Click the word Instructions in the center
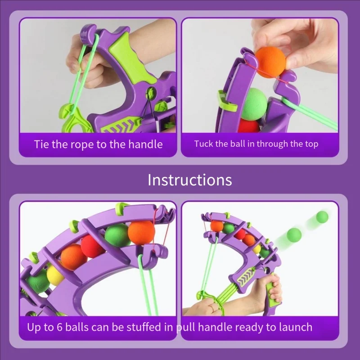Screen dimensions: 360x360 pos(189,180)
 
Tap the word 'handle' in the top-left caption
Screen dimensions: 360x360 pos(143,144)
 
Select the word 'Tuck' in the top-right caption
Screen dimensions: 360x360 pos(203,144)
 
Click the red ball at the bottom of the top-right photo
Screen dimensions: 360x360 pos(248,126)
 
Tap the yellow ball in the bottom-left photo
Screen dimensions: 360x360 pos(55,274)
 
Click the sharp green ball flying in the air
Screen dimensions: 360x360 pos(322,217)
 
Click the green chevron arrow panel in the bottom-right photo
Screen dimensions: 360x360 pos(248,276)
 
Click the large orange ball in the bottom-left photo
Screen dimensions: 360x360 pos(141,231)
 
